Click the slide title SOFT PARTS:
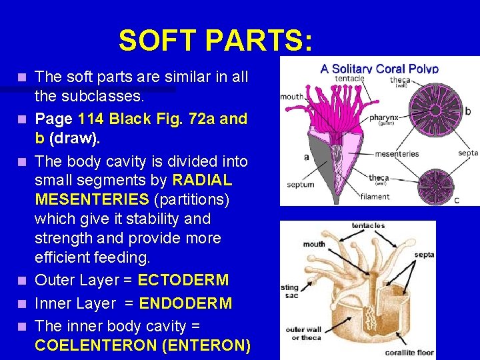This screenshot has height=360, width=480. pos(215,41)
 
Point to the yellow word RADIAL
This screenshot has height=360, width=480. pos(202,180)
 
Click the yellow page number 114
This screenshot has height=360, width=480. pos(91,119)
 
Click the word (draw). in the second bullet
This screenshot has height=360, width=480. pos(75,138)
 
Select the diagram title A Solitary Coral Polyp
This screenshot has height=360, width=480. pos(379,68)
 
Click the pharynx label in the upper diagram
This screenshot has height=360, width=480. pos(384,118)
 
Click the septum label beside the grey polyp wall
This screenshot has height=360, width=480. pos(300,185)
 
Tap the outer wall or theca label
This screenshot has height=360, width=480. pos(304,333)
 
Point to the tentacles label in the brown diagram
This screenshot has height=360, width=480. pos(368,226)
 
